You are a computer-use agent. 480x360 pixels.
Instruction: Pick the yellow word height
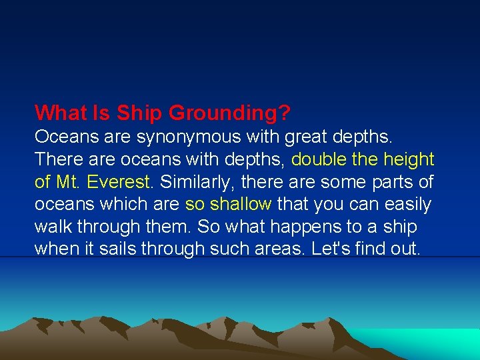click(x=407, y=159)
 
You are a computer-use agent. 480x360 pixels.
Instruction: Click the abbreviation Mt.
click(x=67, y=181)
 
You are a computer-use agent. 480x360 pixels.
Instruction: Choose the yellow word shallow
click(x=238, y=204)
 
